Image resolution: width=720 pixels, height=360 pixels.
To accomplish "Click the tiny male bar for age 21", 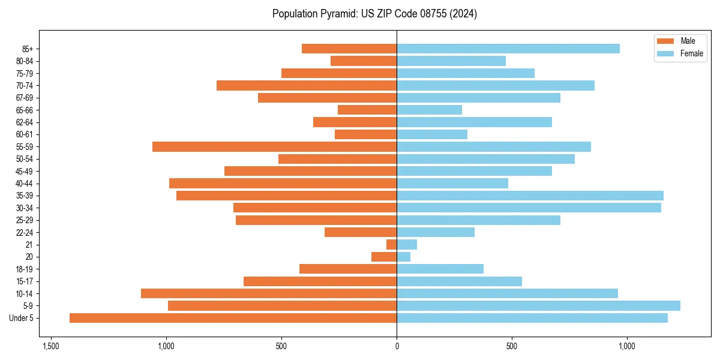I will tap(391, 245).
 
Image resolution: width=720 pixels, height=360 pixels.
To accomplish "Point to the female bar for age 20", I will tap(403, 257).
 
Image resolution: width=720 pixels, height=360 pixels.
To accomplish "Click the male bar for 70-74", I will tap(307, 86).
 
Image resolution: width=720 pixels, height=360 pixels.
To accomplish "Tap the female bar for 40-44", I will tap(452, 184).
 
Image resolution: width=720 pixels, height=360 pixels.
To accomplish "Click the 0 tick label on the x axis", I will tap(397, 346).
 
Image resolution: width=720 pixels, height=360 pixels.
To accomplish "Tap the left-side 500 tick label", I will tap(281, 346).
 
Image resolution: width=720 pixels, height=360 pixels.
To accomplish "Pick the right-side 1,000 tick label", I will tap(627, 346).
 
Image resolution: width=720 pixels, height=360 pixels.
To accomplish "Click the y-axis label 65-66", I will tap(25, 110).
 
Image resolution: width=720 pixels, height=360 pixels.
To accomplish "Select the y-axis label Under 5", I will tap(21, 318).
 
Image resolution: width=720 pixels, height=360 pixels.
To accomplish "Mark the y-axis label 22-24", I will tap(25, 233).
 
